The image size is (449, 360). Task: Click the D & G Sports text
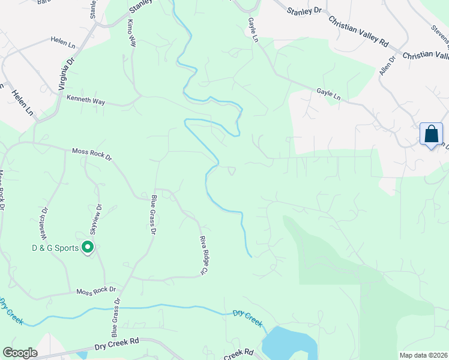(x=56, y=247)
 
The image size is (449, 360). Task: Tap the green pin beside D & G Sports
(x=88, y=247)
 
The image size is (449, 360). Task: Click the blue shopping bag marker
(x=431, y=134)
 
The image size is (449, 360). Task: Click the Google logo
(x=20, y=353)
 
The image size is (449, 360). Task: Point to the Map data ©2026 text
(x=423, y=355)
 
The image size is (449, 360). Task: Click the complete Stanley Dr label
(x=304, y=10)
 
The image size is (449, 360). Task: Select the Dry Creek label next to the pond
(x=248, y=318)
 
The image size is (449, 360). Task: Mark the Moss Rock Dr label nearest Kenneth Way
(x=92, y=153)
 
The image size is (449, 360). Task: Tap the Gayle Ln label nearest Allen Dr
(x=328, y=95)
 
